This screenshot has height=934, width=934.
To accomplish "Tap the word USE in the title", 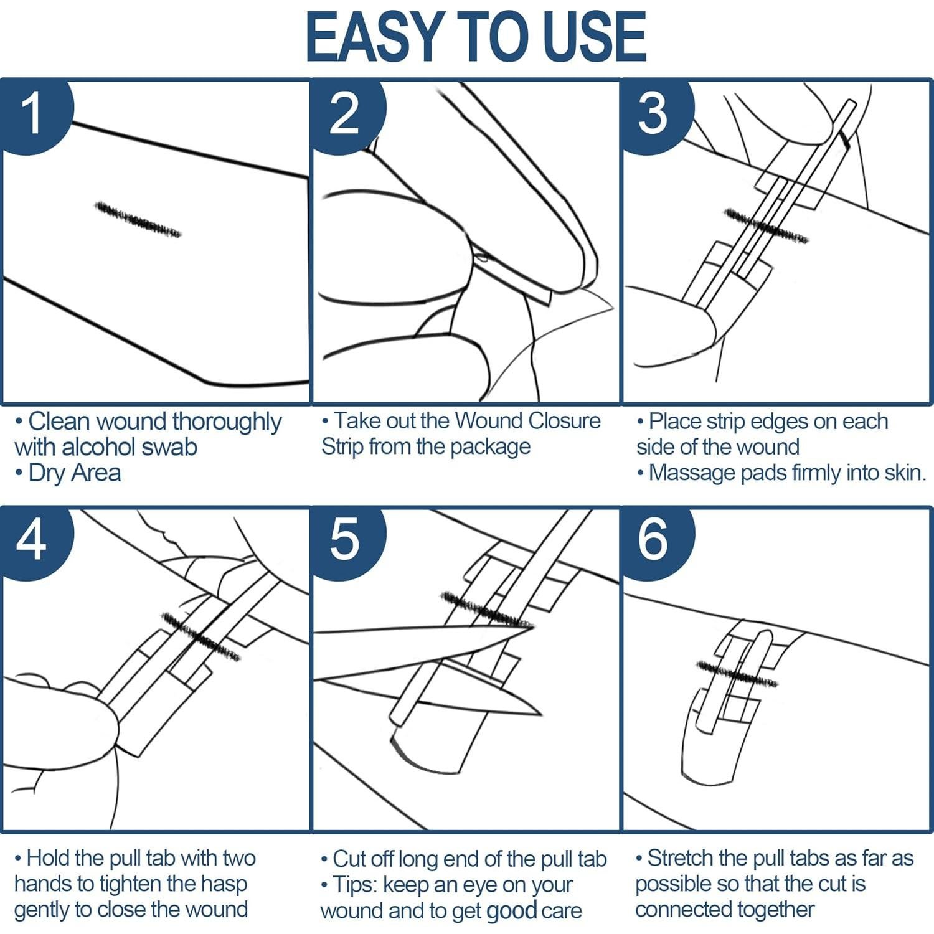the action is [x=595, y=37].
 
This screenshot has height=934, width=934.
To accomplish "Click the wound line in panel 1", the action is [x=138, y=219].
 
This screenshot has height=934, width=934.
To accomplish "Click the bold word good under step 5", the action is [x=512, y=912].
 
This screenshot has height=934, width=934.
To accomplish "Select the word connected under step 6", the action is [x=687, y=910].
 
